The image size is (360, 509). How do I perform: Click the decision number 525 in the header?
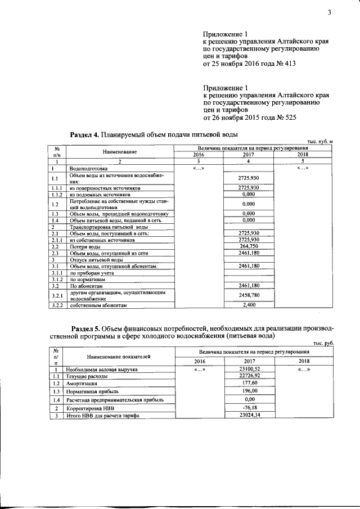coord(288,118)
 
